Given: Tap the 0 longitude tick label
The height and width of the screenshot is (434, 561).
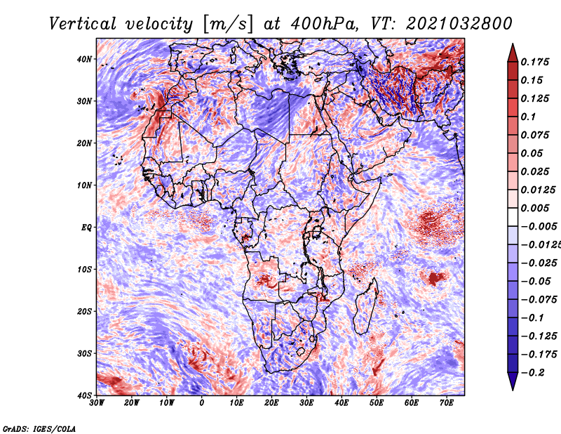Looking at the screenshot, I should pos(202,403).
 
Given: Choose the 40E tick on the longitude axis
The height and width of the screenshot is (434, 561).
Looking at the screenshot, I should pos(342,403).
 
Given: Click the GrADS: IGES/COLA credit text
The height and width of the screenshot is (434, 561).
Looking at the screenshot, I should pos(39,428).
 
